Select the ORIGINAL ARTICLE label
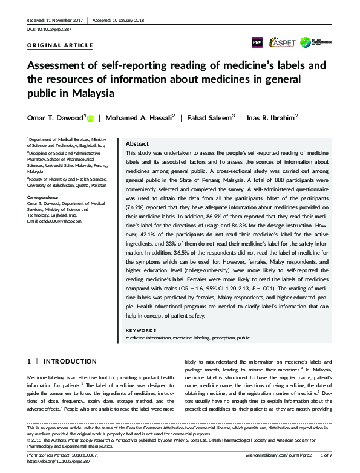[61, 45]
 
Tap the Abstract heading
[137, 145]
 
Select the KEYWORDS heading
[141, 330]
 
